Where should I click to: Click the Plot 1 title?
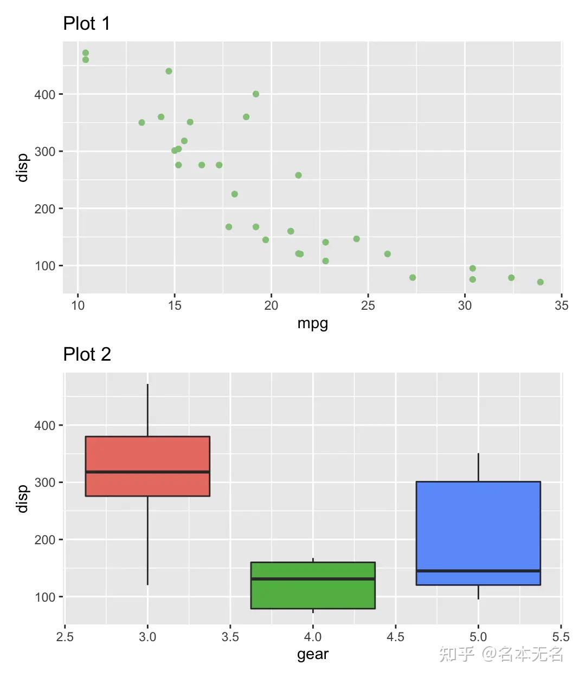(87, 23)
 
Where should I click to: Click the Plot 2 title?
(87, 354)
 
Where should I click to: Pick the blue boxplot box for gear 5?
(478, 525)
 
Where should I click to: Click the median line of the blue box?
(478, 571)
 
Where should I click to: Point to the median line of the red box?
(147, 472)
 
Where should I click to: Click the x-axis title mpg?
(313, 323)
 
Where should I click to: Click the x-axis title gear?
(313, 654)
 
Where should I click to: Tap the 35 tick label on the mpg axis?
(562, 305)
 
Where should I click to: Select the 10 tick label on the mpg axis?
(78, 305)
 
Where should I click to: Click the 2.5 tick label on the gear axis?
(65, 636)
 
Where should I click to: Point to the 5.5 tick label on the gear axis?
(561, 636)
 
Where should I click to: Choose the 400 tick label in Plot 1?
(45, 95)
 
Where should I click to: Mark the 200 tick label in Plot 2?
(45, 540)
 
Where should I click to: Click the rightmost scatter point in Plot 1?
(540, 282)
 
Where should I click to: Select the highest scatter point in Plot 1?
(86, 53)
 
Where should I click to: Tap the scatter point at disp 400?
(256, 94)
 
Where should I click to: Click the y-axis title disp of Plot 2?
(22, 499)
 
